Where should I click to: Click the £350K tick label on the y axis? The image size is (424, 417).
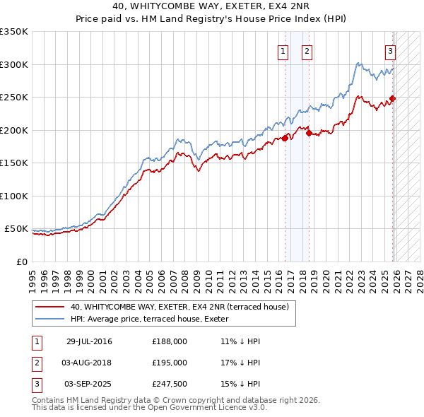click(x=14, y=32)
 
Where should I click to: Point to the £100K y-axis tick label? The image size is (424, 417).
click(x=14, y=196)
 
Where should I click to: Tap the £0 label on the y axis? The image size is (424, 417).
click(x=22, y=262)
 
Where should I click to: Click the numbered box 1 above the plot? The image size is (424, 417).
click(x=283, y=50)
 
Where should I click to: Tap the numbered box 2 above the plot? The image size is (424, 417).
click(x=307, y=50)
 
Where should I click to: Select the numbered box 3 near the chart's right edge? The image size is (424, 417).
click(x=389, y=50)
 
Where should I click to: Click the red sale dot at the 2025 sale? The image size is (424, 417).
click(x=393, y=99)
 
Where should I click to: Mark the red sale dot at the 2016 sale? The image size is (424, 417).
click(x=285, y=138)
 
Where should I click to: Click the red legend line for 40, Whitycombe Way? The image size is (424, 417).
click(x=50, y=307)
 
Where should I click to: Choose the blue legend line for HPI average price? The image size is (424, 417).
click(x=50, y=319)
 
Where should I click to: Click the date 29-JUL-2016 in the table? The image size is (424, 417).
click(x=89, y=341)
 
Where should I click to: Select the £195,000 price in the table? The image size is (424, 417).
click(x=170, y=363)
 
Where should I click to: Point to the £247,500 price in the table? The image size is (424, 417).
click(x=170, y=384)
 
